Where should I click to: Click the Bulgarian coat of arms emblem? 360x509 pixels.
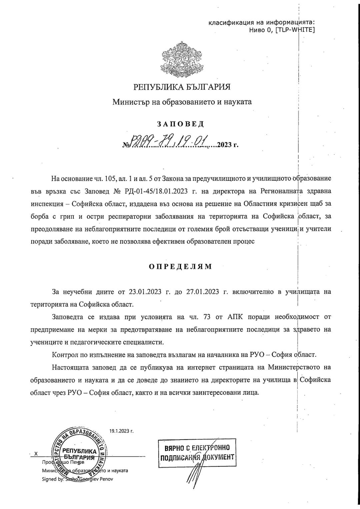182,60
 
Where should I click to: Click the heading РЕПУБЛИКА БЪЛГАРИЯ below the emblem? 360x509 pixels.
182,87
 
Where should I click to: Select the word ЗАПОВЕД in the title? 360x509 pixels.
180,124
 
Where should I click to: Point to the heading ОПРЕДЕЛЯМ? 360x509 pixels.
180,267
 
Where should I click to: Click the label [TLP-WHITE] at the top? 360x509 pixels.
295,30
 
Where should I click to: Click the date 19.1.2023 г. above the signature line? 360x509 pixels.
122,431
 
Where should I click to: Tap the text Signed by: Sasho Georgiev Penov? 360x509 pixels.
77,479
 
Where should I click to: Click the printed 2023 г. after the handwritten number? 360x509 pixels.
228,145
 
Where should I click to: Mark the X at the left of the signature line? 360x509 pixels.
36,454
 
